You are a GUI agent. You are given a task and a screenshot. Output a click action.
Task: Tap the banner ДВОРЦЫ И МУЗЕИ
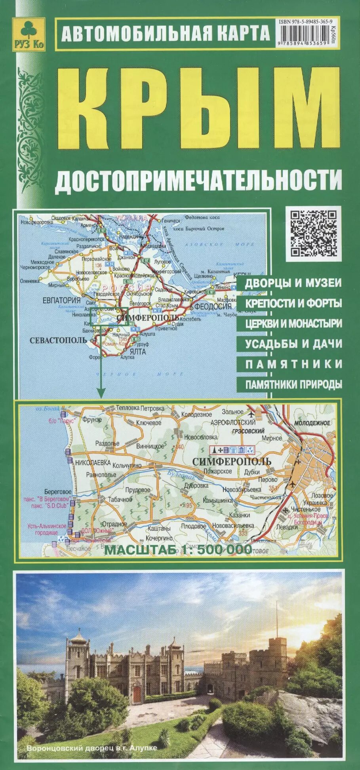click(293, 283)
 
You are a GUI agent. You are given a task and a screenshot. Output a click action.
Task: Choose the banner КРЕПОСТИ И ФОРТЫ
click(293, 303)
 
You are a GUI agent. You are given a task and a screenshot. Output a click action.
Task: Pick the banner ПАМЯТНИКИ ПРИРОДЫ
click(293, 384)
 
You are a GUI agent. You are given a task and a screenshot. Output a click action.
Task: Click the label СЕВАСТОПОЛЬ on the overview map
click(58, 340)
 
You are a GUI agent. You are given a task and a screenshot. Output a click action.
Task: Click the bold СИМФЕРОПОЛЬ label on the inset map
click(231, 462)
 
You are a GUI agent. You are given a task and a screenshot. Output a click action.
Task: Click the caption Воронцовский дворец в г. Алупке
click(91, 748)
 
